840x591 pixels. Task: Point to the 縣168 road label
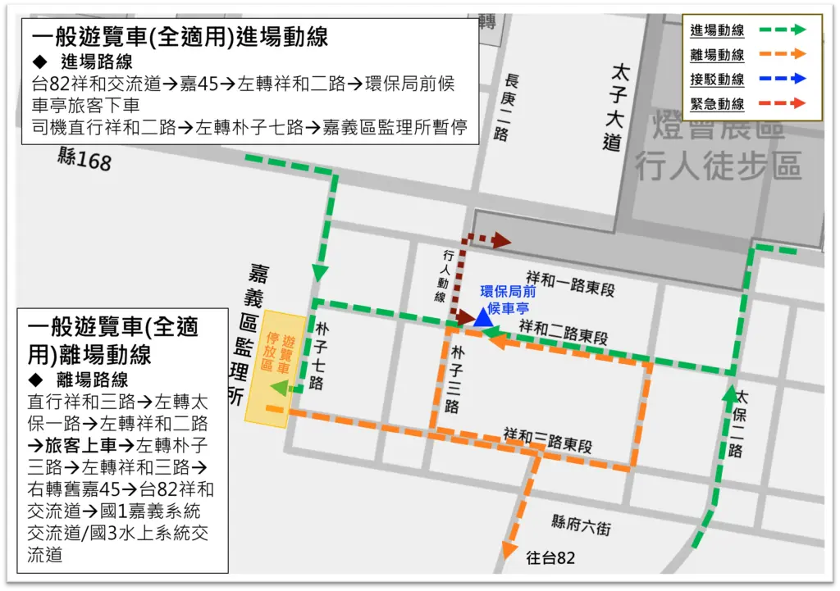[x=84, y=159]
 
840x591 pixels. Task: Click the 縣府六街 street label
[x=581, y=527]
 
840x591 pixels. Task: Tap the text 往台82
[x=550, y=559]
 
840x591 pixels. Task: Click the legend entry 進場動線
[x=717, y=30]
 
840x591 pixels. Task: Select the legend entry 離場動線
[x=717, y=55]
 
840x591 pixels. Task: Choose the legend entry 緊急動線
[x=717, y=104]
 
